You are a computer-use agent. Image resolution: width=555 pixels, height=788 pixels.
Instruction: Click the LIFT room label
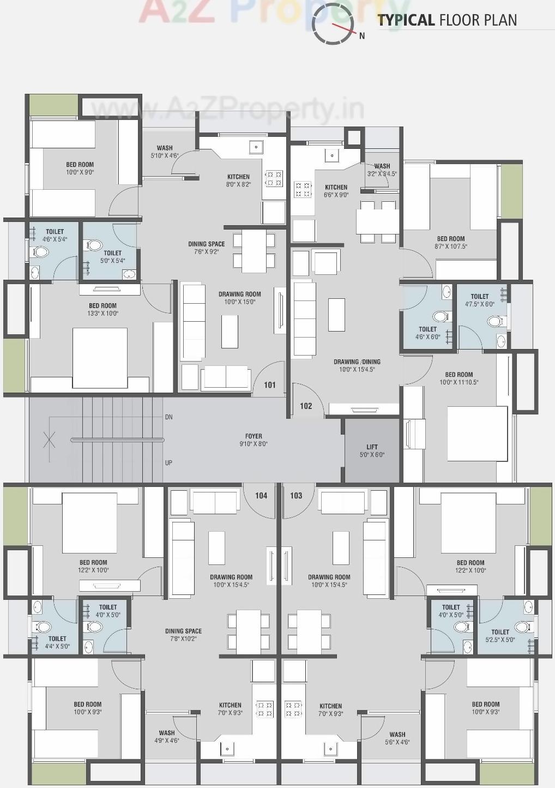click(372, 450)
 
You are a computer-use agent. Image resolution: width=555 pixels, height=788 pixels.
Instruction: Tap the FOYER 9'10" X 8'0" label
click(254, 440)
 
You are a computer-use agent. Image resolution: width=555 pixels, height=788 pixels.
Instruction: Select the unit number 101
click(270, 385)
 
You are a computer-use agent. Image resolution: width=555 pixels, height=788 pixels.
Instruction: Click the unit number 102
click(306, 406)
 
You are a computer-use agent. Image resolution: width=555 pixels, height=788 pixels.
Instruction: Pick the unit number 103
click(296, 496)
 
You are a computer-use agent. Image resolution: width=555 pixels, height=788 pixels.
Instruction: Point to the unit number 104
click(261, 496)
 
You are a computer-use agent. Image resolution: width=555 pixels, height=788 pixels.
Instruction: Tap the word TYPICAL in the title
click(406, 20)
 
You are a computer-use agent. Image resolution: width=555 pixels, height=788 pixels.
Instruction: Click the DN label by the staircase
click(168, 417)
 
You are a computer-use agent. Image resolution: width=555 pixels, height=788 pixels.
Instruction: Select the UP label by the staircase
click(168, 463)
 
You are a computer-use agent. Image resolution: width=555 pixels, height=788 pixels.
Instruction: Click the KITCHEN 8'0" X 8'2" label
click(238, 181)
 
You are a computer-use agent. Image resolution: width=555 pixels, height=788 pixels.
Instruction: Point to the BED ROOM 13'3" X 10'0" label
click(103, 310)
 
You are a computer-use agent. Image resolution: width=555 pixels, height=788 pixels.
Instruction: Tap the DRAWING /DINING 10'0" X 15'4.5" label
click(357, 365)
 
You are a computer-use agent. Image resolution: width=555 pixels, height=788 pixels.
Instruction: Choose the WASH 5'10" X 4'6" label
click(165, 152)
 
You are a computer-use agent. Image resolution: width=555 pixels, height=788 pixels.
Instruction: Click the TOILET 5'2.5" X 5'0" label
click(500, 636)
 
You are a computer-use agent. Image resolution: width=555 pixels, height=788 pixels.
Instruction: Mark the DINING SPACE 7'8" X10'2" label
click(183, 635)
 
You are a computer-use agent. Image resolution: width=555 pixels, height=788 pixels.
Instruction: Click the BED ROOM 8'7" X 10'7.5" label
click(451, 243)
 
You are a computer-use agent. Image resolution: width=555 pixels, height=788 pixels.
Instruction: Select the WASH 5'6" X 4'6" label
click(397, 738)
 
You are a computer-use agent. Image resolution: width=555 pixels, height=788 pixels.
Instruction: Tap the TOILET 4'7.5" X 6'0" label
click(480, 300)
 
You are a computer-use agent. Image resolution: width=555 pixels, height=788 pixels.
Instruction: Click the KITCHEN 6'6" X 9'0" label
click(336, 191)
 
